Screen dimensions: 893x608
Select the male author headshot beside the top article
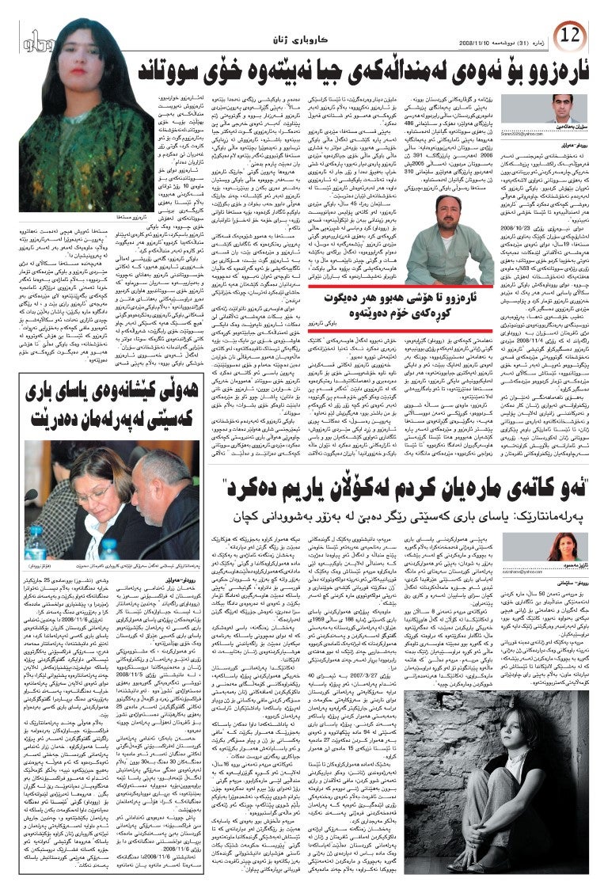[x=564, y=108]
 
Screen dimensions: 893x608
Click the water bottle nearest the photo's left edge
[x=36, y=543]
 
